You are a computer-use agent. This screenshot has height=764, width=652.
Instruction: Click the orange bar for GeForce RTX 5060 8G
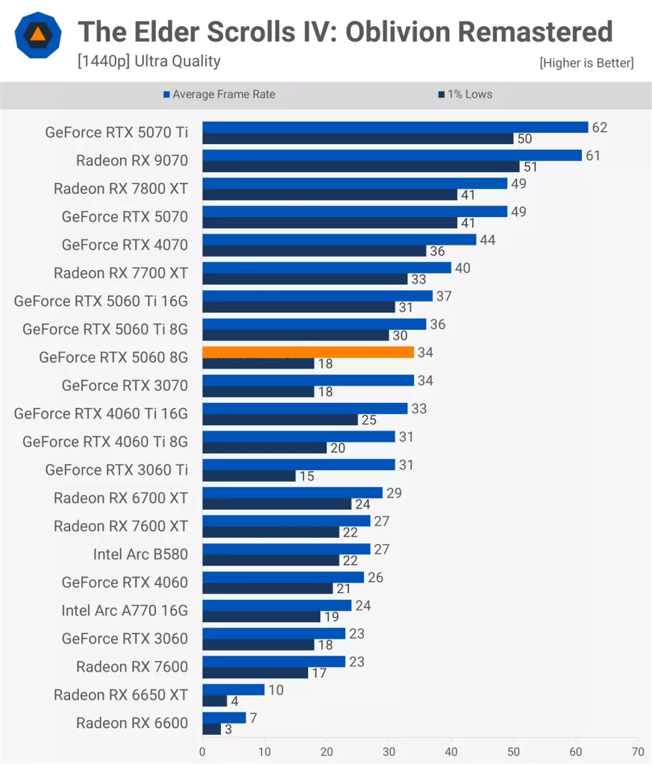[307, 352]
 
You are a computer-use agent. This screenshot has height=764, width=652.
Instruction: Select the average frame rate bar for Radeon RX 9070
[392, 155]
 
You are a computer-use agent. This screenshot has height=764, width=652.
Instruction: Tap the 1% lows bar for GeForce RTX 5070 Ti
[357, 139]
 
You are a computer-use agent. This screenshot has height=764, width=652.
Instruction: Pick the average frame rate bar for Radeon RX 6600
[224, 718]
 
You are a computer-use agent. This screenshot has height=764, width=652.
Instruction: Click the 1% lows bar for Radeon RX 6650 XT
[214, 701]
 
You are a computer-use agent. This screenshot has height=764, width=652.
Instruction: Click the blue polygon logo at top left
[37, 35]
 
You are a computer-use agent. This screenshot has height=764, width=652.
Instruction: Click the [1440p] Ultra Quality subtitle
[148, 61]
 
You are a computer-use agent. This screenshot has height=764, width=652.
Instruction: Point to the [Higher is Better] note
[586, 63]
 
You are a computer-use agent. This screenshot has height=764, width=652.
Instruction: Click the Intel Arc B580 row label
[140, 554]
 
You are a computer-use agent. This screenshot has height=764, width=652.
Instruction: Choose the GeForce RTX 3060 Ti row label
[116, 470]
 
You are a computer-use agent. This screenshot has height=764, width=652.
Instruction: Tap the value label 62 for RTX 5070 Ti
[600, 128]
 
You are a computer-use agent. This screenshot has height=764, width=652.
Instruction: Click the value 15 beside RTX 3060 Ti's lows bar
[307, 476]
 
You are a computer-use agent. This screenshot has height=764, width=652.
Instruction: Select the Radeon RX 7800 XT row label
[121, 189]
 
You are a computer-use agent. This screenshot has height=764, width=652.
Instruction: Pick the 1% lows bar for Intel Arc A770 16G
[261, 617]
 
